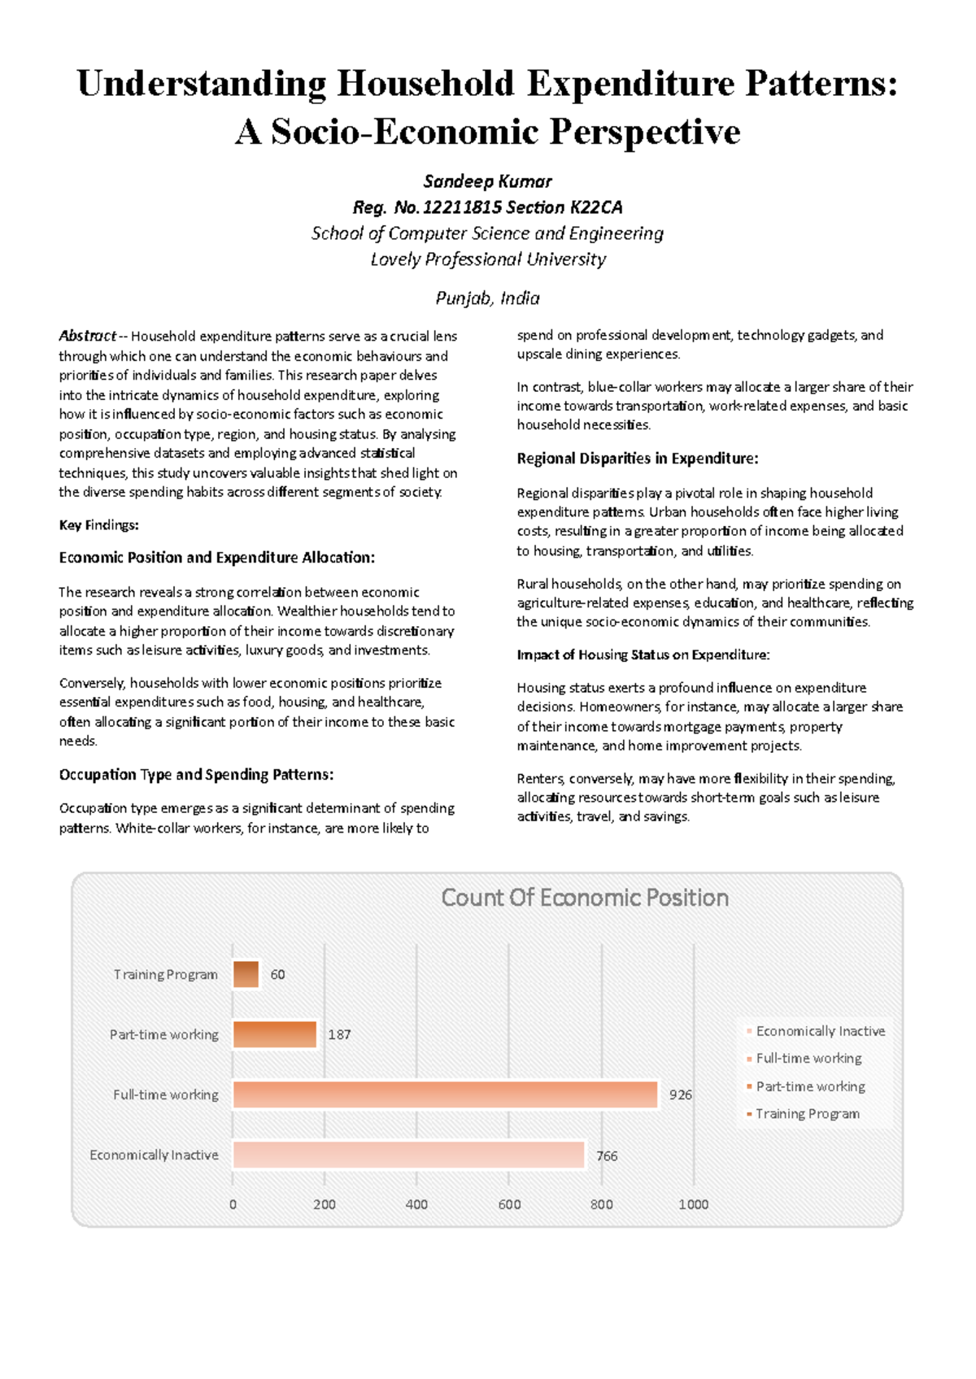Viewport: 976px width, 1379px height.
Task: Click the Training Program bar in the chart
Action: click(x=246, y=974)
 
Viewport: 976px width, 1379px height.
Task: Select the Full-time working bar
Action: click(x=445, y=1094)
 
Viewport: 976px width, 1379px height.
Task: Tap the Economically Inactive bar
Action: click(x=408, y=1155)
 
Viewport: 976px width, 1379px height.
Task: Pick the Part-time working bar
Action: click(x=274, y=1034)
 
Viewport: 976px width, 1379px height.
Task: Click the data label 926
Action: click(x=680, y=1095)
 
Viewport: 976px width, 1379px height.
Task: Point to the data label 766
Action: click(x=607, y=1155)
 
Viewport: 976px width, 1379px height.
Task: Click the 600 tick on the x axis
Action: click(x=509, y=1204)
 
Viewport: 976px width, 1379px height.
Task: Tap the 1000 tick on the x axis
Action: click(x=693, y=1204)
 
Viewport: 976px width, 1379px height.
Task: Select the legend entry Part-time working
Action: click(x=810, y=1086)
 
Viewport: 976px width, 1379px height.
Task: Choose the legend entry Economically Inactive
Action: click(x=820, y=1031)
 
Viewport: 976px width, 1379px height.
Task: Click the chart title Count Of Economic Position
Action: click(x=584, y=898)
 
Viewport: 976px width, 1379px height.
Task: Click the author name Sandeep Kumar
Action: click(x=487, y=181)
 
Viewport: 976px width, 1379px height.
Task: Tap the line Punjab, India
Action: click(x=487, y=298)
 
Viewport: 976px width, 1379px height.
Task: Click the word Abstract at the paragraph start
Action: click(x=87, y=336)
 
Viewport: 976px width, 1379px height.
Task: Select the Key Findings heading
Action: click(x=98, y=525)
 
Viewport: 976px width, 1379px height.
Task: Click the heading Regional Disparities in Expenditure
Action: click(x=637, y=459)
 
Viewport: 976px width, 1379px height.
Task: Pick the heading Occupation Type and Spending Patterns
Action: click(x=196, y=775)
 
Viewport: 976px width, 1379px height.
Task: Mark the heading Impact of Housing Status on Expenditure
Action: click(x=643, y=655)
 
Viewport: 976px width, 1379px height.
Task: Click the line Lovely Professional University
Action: click(x=487, y=259)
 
